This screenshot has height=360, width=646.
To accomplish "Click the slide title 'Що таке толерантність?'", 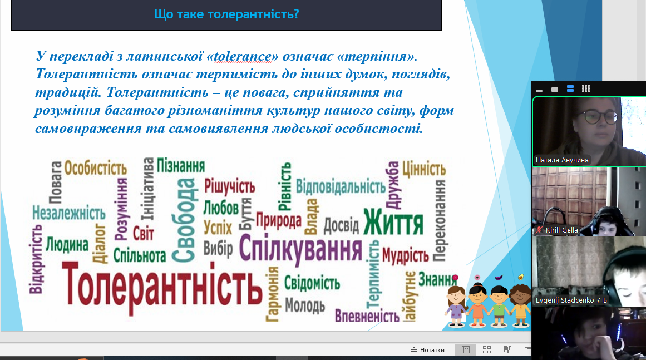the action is point(226,14).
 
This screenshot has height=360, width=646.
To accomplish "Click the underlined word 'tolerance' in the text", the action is point(243,56).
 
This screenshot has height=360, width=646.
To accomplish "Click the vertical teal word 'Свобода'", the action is point(183,220).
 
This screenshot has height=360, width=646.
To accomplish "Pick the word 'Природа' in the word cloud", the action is point(279,220).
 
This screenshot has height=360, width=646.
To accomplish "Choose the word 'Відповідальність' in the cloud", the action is point(341,186).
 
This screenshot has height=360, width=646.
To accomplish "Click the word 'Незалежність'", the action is point(69,213).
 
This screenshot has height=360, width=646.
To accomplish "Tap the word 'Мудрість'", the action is point(406,255).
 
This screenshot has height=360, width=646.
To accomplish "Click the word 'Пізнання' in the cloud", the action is point(181,166).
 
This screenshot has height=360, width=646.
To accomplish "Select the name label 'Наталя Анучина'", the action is point(562,160).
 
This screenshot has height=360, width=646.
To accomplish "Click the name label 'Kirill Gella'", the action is point(561,230).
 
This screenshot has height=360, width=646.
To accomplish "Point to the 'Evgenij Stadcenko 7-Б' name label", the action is point(571,300).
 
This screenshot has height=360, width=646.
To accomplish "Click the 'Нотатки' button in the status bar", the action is point(428,350).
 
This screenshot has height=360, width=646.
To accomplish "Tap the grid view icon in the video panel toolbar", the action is point(586,88).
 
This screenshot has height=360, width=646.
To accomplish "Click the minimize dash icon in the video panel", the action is point(539,90).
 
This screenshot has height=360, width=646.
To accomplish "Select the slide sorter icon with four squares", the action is point(486,349).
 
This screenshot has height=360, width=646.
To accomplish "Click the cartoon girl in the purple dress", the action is point(456,307).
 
